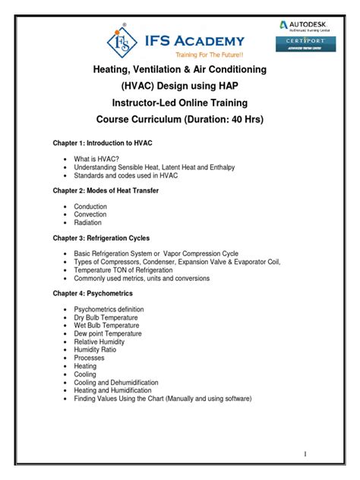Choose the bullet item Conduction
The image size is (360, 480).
tap(90, 207)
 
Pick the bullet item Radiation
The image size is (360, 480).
tap(89, 223)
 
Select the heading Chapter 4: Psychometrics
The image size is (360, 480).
tap(93, 293)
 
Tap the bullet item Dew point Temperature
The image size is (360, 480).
tap(108, 333)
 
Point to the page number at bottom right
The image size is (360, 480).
tap(305, 454)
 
